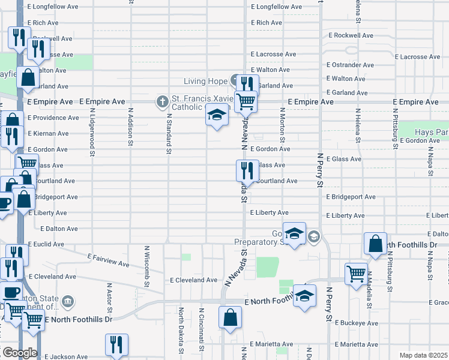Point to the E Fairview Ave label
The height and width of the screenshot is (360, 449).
pyautogui.click(x=108, y=260)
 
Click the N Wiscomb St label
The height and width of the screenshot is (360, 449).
pyautogui.click(x=147, y=265)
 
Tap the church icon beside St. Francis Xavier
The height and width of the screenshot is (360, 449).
pyautogui.click(x=161, y=101)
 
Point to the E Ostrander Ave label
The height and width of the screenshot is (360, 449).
pyautogui.click(x=351, y=65)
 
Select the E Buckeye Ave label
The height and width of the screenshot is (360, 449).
pyautogui.click(x=357, y=323)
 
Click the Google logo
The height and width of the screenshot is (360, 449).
pyautogui.click(x=19, y=352)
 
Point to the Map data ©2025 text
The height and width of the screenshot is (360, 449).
pyautogui.click(x=423, y=355)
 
